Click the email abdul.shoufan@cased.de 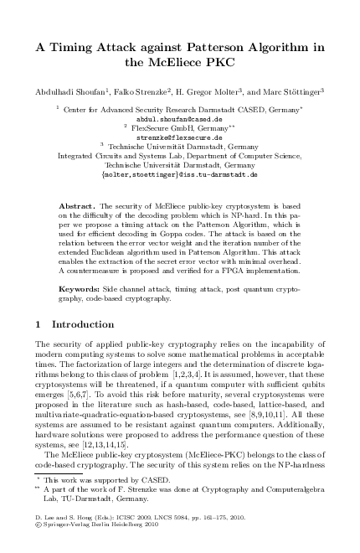[180, 118]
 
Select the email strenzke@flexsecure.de [179, 137]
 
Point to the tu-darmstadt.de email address [180, 173]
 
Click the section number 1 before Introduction [39, 323]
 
